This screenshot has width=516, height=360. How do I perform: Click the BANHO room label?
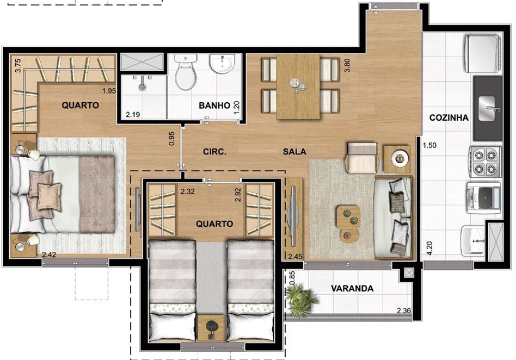[214, 105]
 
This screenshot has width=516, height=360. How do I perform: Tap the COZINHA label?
[449, 117]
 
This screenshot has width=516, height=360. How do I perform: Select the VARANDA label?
[352, 289]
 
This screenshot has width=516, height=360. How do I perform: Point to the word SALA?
[294, 152]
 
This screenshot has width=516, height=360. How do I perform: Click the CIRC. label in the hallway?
[214, 152]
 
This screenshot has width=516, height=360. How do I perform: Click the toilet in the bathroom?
[186, 72]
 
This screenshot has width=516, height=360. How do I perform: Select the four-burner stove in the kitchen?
[485, 162]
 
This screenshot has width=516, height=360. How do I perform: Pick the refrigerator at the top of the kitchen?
[482, 54]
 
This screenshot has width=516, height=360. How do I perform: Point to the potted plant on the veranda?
[301, 299]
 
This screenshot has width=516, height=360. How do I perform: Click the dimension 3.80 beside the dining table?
[347, 65]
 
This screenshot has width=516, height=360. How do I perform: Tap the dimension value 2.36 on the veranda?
[404, 311]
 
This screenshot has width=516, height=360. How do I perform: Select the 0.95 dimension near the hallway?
[171, 139]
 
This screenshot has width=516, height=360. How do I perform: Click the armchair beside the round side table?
[361, 158]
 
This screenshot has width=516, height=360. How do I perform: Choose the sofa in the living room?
[393, 218]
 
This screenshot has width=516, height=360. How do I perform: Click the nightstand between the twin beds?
[211, 328]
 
